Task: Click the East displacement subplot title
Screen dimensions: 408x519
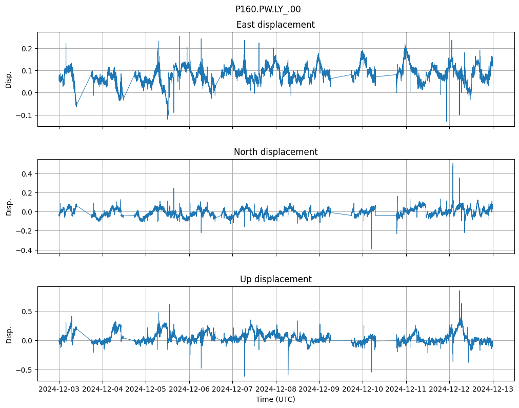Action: click(x=275, y=25)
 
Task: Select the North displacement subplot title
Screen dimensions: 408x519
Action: click(x=275, y=152)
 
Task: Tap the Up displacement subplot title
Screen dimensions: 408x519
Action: click(x=275, y=279)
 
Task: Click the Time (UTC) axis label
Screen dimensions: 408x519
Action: click(x=275, y=399)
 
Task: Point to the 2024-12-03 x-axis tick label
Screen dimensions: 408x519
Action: click(x=59, y=389)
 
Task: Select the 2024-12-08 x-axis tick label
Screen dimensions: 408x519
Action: click(x=276, y=389)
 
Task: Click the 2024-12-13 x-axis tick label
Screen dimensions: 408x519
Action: click(x=493, y=389)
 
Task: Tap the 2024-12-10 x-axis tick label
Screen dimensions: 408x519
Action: click(x=363, y=389)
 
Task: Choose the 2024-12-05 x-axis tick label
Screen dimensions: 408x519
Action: click(x=146, y=389)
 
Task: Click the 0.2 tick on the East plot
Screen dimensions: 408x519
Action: click(x=26, y=48)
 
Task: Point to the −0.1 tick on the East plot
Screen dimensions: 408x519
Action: click(x=24, y=115)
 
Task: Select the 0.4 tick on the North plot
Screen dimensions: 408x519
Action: click(x=26, y=173)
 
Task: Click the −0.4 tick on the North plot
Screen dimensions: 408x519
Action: click(x=24, y=250)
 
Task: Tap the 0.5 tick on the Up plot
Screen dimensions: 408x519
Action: click(x=26, y=312)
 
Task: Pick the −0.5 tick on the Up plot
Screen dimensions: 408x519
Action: click(x=24, y=370)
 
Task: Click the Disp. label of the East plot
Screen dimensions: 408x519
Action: click(x=9, y=79)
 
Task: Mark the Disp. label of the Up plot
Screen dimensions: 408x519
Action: click(x=9, y=334)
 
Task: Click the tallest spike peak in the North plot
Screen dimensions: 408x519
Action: click(x=453, y=164)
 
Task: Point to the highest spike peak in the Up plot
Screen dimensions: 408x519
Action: click(x=459, y=291)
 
